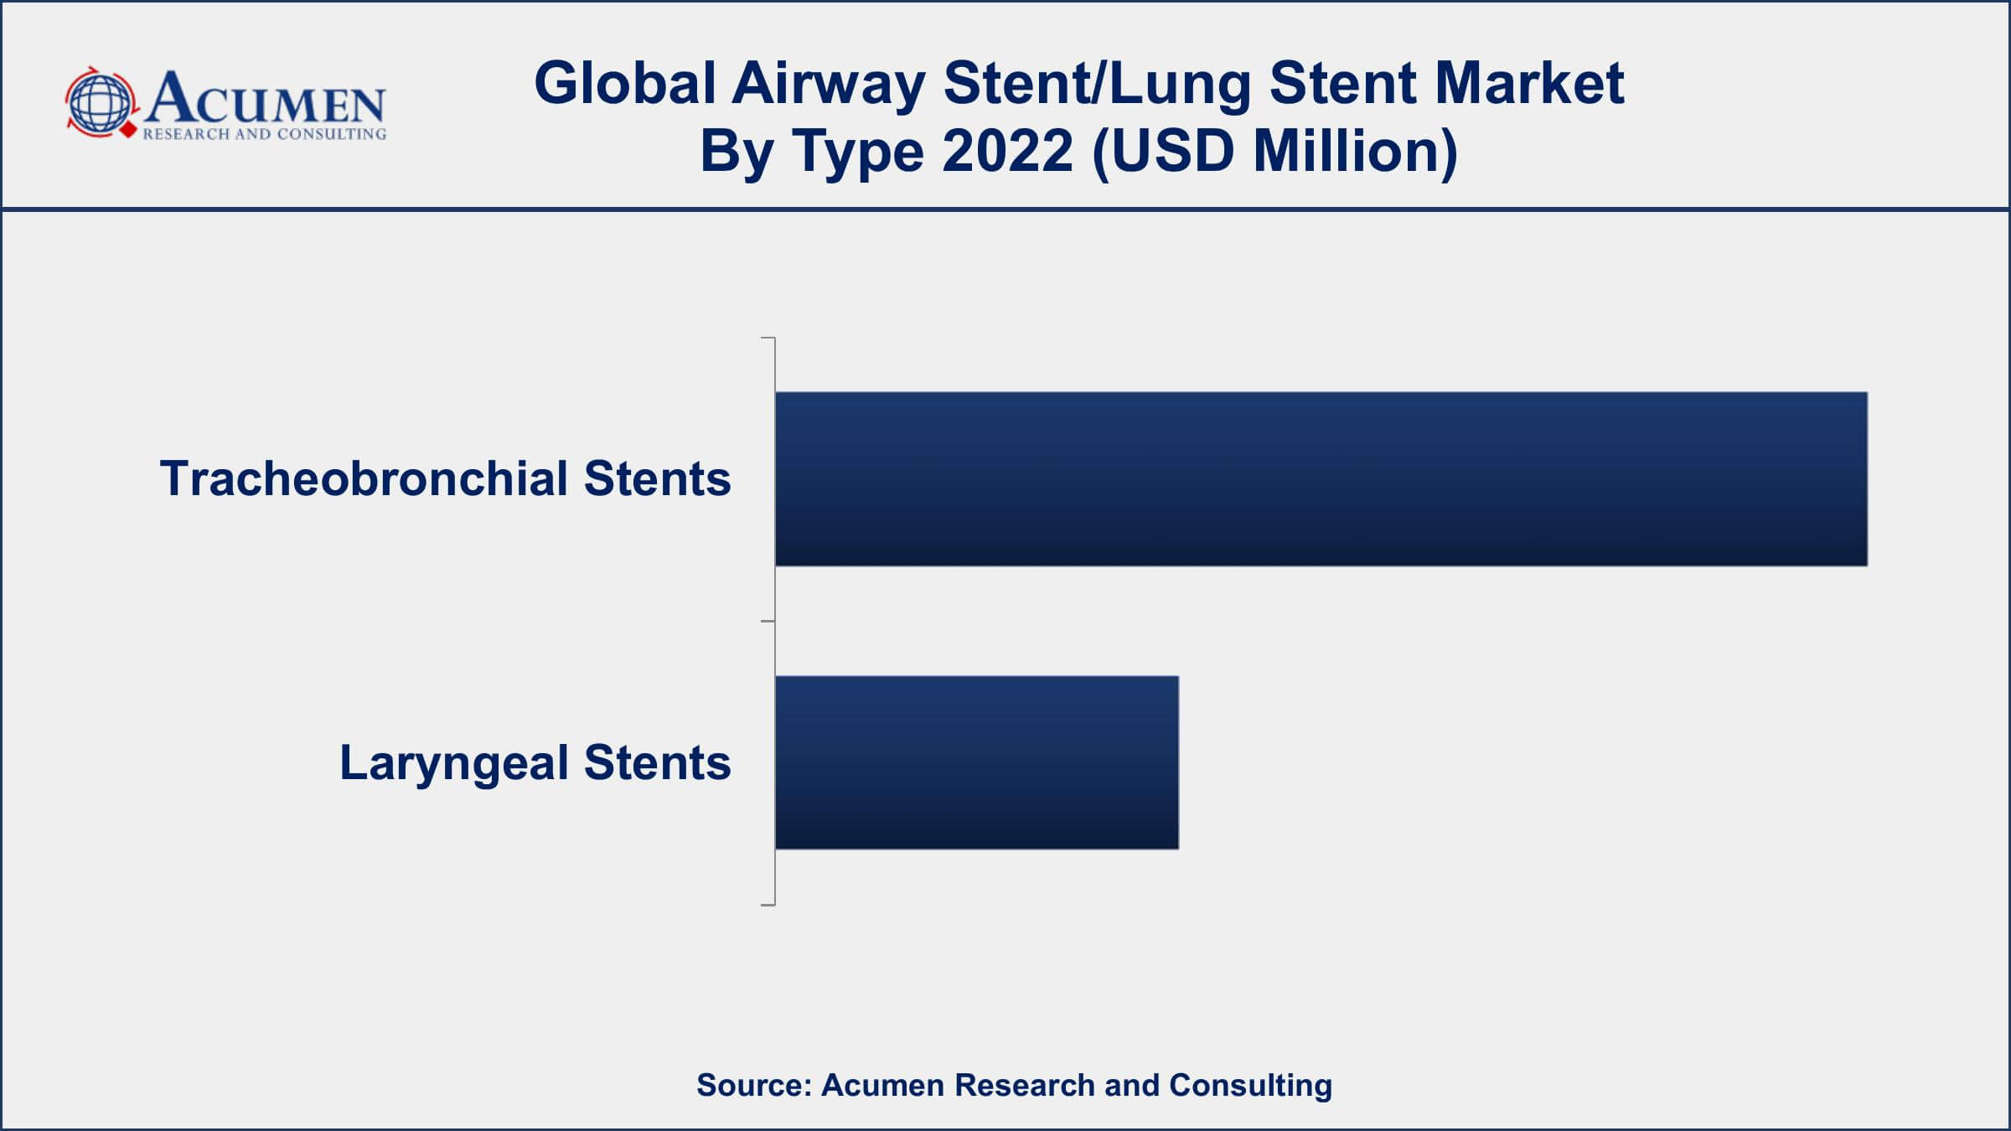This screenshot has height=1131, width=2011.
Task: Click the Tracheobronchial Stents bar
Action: (x=1321, y=478)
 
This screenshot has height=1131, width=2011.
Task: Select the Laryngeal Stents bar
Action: (x=977, y=762)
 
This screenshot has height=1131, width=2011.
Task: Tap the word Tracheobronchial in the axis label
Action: (x=364, y=478)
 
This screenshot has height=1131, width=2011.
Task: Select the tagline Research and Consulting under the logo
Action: (x=265, y=134)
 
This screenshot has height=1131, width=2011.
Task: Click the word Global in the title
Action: (x=625, y=83)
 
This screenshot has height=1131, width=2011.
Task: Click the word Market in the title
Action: (x=1447, y=83)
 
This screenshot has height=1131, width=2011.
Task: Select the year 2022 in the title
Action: (x=1008, y=152)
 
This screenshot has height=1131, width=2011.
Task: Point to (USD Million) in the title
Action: (x=1275, y=152)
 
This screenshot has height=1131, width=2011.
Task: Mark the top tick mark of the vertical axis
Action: (x=768, y=338)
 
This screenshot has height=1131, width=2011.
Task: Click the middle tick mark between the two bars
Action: (x=768, y=622)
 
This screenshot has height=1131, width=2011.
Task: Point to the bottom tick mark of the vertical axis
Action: (x=768, y=905)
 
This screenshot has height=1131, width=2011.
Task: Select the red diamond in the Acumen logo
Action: (x=128, y=131)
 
